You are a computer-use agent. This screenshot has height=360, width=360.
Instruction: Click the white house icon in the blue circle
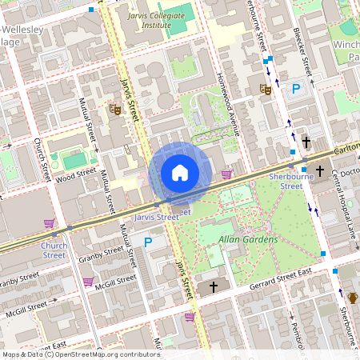(x=180, y=172)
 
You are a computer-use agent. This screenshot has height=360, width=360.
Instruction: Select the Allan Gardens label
(x=249, y=239)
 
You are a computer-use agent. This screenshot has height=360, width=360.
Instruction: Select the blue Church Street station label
(x=54, y=250)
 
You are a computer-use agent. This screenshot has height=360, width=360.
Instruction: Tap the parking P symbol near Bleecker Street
(x=296, y=89)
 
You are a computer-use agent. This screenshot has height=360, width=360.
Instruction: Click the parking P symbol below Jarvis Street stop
(x=147, y=241)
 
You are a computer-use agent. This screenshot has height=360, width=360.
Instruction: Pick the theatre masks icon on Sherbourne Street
(x=266, y=90)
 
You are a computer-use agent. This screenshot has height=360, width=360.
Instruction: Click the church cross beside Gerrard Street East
(x=214, y=286)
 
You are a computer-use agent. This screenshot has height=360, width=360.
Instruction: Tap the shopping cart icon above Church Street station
(x=50, y=223)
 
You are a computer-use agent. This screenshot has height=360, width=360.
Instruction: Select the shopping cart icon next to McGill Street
(x=87, y=282)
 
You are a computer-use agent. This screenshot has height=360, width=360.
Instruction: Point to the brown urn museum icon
(x=352, y=298)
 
